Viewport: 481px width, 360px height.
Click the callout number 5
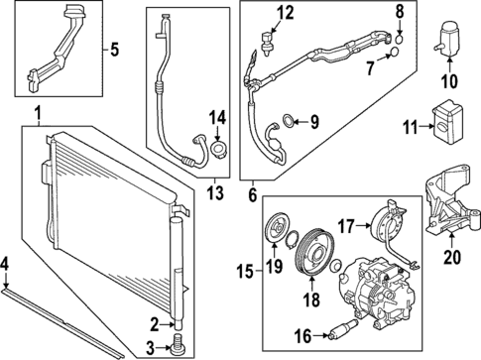pyautogui.click(x=113, y=49)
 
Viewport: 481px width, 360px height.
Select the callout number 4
pyautogui.click(x=7, y=263)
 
